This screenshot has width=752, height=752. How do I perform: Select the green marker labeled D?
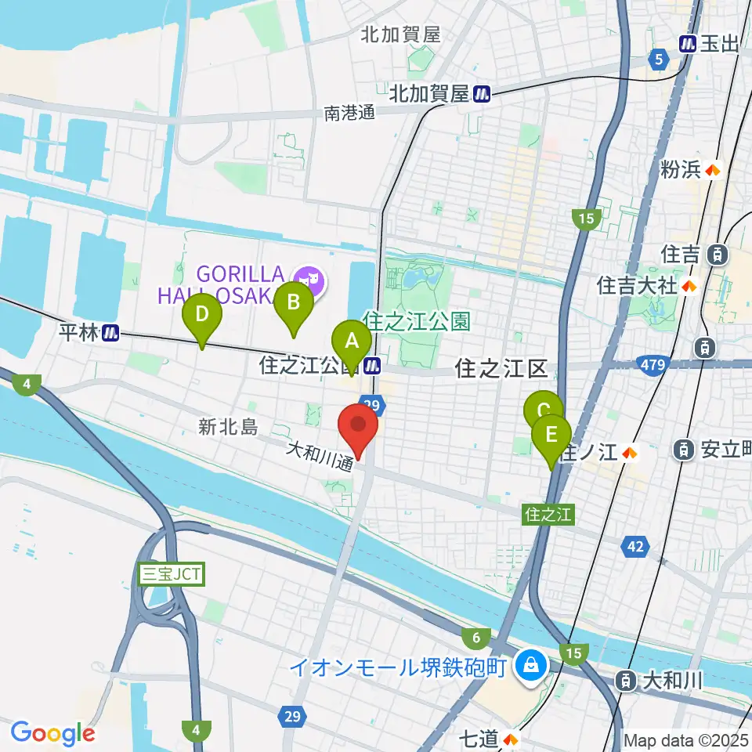tap(202, 316)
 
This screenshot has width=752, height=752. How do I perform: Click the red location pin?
tap(359, 427)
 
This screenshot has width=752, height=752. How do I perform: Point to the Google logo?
tap(52, 733)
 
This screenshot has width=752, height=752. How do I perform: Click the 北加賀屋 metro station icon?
tap(483, 94)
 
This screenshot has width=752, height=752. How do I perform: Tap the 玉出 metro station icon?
tap(689, 44)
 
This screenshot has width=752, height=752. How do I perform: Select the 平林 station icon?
tap(111, 333)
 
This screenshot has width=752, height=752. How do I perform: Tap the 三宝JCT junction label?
tap(171, 574)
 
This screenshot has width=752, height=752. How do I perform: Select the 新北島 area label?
tap(228, 427)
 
